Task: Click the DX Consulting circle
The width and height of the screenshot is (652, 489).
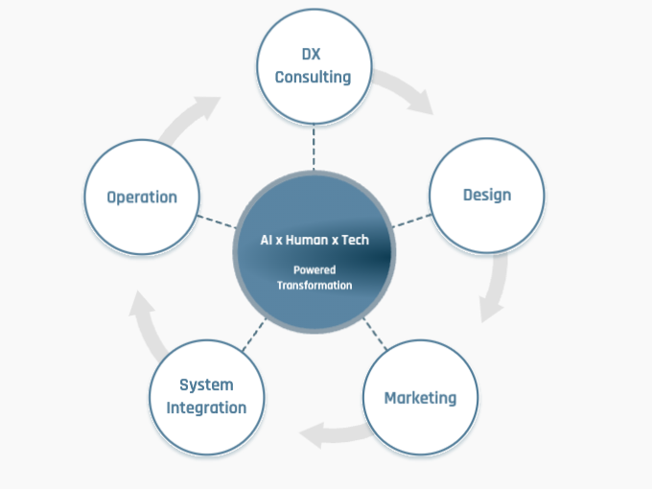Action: click(313, 67)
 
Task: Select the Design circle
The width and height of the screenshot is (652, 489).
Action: click(487, 195)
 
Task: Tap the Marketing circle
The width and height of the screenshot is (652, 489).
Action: click(420, 397)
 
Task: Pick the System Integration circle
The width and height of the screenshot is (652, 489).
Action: click(206, 396)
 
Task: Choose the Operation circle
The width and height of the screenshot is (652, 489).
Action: click(142, 197)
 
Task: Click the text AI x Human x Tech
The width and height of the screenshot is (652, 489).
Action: click(314, 240)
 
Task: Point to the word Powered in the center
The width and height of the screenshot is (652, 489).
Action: click(314, 270)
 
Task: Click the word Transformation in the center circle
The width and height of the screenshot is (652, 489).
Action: click(314, 285)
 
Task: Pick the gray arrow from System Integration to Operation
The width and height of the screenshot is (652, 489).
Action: click(146, 326)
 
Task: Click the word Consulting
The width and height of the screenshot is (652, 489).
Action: click(313, 77)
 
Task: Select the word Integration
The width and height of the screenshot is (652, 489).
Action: click(206, 407)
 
